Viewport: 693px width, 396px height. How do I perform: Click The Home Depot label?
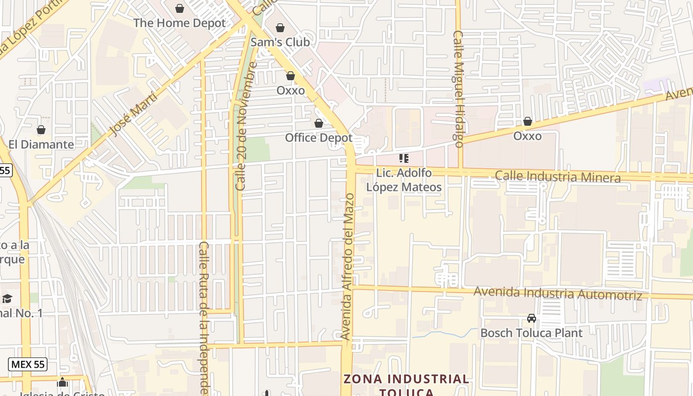tap(179, 23)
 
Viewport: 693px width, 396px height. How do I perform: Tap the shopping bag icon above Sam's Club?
tap(280, 28)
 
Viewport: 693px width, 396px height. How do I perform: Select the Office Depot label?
tap(319, 138)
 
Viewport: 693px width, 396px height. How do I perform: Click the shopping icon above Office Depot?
tap(319, 123)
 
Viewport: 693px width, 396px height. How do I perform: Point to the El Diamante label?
tap(41, 145)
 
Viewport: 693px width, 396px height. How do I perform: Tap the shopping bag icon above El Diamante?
tap(41, 130)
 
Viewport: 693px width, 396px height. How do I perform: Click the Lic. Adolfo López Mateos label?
tap(403, 180)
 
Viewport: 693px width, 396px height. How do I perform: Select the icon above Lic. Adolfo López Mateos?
tap(404, 158)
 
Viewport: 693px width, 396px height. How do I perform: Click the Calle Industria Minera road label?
tap(558, 177)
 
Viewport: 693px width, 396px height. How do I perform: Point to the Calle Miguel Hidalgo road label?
tap(458, 89)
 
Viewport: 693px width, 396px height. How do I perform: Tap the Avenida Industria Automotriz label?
tap(558, 293)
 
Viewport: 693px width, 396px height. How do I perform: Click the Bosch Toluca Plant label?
tap(532, 333)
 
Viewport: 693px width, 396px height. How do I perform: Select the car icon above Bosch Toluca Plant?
tap(532, 318)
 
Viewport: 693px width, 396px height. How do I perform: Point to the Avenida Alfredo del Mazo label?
tap(348, 266)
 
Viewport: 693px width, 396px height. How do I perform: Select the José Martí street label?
tap(133, 114)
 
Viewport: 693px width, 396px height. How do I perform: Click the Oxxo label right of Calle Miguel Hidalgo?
tap(527, 136)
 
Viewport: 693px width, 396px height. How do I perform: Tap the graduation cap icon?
tap(7, 298)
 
